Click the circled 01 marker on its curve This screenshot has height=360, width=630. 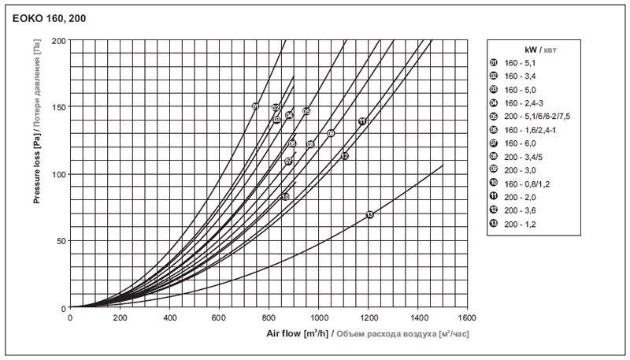pyautogui.click(x=255, y=106)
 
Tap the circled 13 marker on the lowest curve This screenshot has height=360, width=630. pyautogui.click(x=369, y=214)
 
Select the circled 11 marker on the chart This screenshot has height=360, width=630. pyautogui.click(x=361, y=121)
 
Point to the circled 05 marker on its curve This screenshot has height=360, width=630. pyautogui.click(x=306, y=111)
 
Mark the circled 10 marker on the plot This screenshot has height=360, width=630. pyautogui.click(x=285, y=196)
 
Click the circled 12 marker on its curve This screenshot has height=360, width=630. pyautogui.click(x=344, y=156)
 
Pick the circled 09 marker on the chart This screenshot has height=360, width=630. pyautogui.click(x=331, y=133)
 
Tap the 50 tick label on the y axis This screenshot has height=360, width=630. pyautogui.click(x=61, y=240)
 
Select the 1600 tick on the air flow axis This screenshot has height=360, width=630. pyautogui.click(x=466, y=318)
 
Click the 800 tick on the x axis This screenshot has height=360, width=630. pyautogui.click(x=269, y=318)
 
